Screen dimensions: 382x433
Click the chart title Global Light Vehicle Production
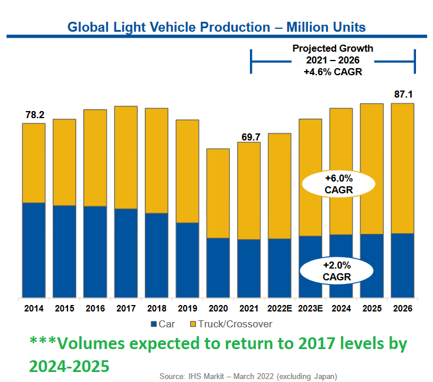tap(216, 27)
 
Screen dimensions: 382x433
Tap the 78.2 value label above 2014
tap(34, 115)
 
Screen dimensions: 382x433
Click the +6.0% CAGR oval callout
tap(338, 184)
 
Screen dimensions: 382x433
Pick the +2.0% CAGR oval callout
tap(337, 270)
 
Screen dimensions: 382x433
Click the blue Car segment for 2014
tap(34, 250)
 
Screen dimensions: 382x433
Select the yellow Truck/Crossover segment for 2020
tap(218, 193)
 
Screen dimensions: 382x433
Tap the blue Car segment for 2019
tap(187, 260)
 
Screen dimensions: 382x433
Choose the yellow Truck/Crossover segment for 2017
tap(126, 158)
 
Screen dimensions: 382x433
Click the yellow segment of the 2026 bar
tap(402, 168)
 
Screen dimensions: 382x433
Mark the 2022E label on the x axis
tap(280, 308)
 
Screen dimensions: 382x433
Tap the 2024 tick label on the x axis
tap(341, 308)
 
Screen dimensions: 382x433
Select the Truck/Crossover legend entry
tap(230, 324)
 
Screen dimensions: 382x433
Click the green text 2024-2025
tap(69, 366)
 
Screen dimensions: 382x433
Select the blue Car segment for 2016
tap(95, 252)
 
